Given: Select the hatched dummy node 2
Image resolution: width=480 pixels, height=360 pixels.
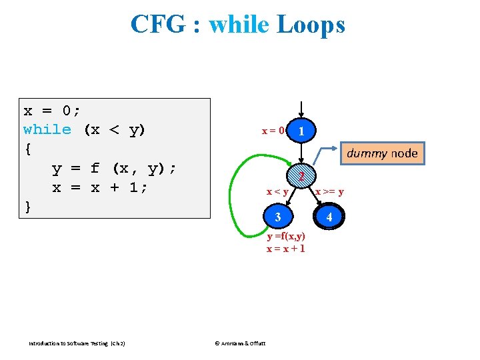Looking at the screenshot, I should [302, 177].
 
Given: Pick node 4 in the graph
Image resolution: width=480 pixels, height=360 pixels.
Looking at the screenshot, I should [329, 217].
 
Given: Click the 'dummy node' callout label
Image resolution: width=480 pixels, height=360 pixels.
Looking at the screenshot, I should [382, 153].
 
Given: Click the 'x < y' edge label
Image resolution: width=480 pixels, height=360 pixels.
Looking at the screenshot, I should [277, 193].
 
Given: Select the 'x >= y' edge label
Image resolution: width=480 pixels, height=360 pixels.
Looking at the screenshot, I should [329, 193].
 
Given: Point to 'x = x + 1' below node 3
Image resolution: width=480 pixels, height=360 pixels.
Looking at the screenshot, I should [286, 248].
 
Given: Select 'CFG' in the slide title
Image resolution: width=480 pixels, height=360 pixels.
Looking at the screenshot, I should [157, 25].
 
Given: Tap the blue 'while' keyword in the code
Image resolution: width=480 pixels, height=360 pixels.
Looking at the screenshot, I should [47, 129].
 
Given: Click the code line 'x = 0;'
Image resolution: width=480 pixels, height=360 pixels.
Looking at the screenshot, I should [53, 110].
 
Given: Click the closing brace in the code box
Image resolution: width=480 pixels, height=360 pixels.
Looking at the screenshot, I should [27, 207].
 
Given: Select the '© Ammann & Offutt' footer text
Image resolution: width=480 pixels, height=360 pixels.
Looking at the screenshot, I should [239, 343].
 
